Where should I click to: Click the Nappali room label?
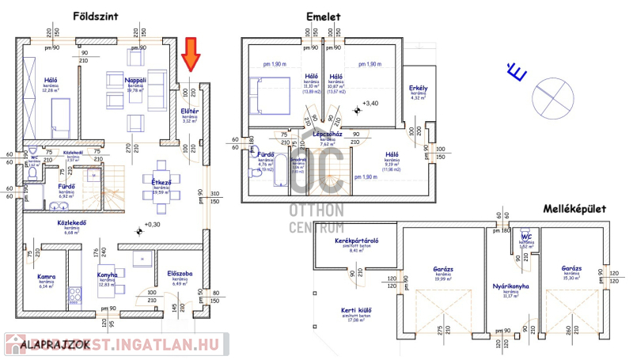point(136,81)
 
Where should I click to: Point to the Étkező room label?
point(161,181)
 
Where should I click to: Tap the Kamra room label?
point(45,277)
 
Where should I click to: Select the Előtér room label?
point(189,111)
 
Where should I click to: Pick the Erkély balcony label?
point(419,87)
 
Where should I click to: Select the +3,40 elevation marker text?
point(371,104)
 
